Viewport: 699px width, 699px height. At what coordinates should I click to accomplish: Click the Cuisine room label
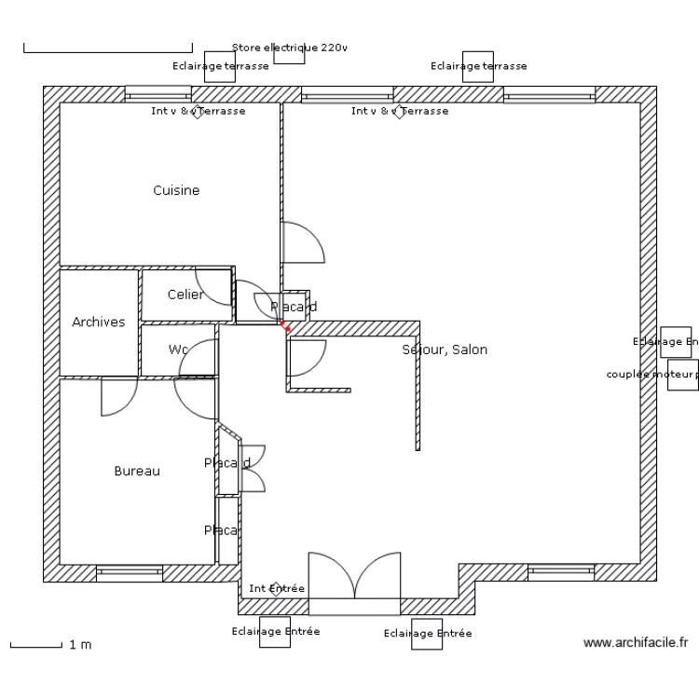(x=176, y=190)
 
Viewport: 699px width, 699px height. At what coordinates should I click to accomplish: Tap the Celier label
(x=185, y=295)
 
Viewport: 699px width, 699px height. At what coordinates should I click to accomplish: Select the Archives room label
(x=99, y=322)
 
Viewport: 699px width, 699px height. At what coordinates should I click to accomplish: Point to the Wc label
(x=178, y=349)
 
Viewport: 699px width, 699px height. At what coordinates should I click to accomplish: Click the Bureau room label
(x=137, y=471)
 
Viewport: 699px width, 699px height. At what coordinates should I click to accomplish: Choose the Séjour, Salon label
(x=445, y=349)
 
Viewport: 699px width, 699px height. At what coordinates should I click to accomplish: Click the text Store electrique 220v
(x=289, y=47)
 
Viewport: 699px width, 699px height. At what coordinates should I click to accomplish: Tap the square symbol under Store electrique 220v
(x=289, y=55)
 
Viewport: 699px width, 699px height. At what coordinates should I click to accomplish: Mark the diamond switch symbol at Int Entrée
(x=275, y=588)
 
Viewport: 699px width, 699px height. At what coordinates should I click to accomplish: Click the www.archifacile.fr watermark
(x=636, y=642)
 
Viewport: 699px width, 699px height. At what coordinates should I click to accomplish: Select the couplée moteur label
(x=651, y=375)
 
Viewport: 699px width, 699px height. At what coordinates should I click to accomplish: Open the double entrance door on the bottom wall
(x=354, y=582)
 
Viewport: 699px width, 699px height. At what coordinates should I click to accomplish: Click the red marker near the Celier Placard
(x=286, y=326)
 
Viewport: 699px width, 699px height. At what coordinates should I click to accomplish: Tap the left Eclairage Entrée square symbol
(x=275, y=631)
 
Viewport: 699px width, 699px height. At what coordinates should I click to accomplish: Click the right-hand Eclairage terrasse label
(x=479, y=66)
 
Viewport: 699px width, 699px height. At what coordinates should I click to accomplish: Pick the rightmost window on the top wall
(x=549, y=95)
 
